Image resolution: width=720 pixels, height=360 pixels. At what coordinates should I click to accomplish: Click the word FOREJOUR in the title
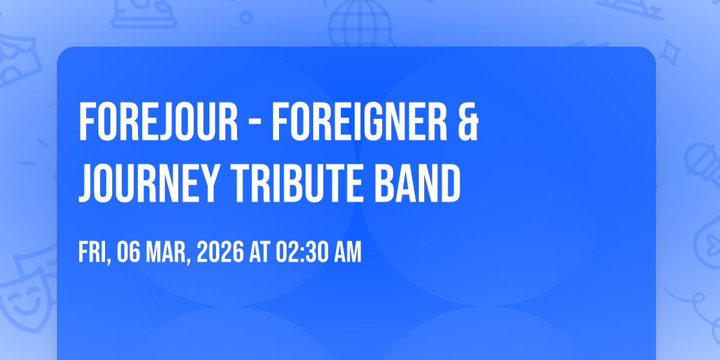[x=158, y=122]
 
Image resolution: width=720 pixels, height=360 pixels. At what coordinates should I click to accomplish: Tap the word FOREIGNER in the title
[x=359, y=122]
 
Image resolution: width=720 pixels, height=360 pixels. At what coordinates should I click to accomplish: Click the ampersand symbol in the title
[x=469, y=122]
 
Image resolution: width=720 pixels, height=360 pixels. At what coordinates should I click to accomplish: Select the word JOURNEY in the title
[x=149, y=183]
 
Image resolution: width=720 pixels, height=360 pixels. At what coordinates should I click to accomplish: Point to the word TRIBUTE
[x=295, y=183]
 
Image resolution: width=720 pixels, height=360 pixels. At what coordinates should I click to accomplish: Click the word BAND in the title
[x=418, y=183]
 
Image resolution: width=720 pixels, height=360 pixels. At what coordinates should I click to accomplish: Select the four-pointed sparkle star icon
[x=669, y=53]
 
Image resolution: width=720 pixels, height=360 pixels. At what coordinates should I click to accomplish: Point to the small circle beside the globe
[x=246, y=17]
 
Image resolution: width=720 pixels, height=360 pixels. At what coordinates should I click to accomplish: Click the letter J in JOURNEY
[x=87, y=183]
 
